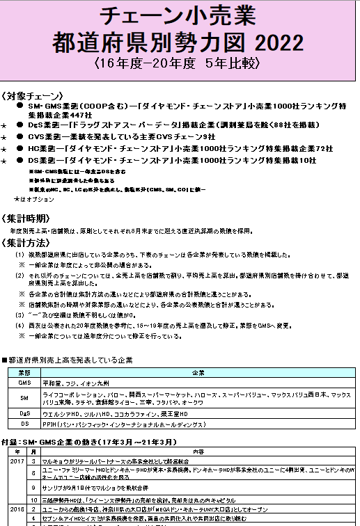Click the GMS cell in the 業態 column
pos(24,383)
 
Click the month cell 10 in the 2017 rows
pos(33,500)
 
